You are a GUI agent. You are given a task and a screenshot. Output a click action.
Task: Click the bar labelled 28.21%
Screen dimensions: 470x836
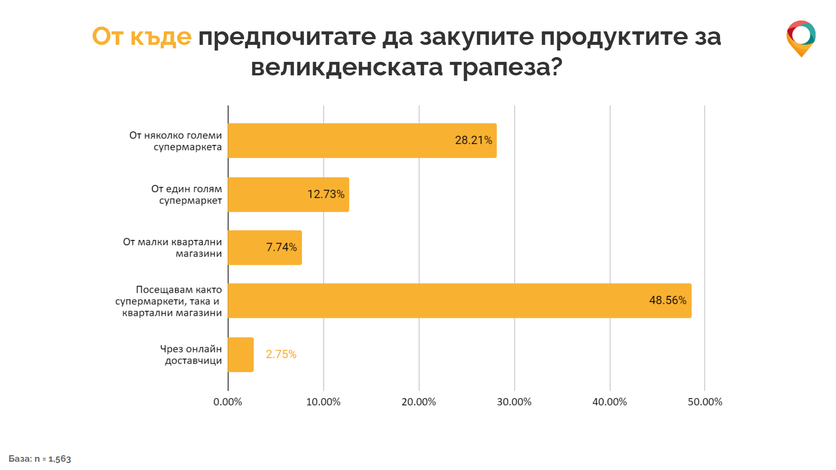coord(362,140)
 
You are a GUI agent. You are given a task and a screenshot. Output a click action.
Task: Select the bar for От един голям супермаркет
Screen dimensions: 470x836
coord(288,194)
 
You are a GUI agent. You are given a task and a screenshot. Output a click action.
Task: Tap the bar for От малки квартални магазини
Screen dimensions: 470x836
coord(264,247)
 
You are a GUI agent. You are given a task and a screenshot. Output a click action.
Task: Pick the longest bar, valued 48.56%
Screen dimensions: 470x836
coord(459,301)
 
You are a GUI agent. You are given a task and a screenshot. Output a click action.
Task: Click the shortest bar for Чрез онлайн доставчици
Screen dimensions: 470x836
coord(240,355)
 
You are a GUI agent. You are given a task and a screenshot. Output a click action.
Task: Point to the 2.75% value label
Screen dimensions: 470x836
coord(281,355)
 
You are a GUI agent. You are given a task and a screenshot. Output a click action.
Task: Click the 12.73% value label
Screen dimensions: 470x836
coord(326,194)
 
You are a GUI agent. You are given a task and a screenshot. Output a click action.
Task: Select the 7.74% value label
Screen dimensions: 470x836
coord(281,247)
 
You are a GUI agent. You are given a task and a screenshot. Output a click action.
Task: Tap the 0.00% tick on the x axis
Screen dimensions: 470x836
coord(227,402)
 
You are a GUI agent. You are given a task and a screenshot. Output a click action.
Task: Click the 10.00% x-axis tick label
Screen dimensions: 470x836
coord(323,402)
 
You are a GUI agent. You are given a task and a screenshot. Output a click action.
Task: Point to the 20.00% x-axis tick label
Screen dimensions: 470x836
coord(419,402)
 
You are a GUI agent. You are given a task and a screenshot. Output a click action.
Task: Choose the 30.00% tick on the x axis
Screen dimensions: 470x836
coord(514,402)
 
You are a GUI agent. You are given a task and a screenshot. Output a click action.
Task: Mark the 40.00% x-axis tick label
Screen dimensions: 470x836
coord(609,402)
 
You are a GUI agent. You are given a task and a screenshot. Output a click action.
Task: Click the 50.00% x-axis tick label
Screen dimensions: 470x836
coord(705,402)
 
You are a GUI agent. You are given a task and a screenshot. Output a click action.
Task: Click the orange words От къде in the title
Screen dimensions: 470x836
coord(142,37)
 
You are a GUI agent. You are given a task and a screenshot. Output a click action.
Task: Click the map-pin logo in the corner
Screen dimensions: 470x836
coord(801,38)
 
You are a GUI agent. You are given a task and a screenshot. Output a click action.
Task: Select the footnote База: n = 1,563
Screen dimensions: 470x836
coord(40,459)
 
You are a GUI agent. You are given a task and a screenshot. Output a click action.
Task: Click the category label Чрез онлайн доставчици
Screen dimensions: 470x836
coord(191,355)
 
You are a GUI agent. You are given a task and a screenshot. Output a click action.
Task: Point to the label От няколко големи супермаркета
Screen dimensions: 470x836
coord(176,141)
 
